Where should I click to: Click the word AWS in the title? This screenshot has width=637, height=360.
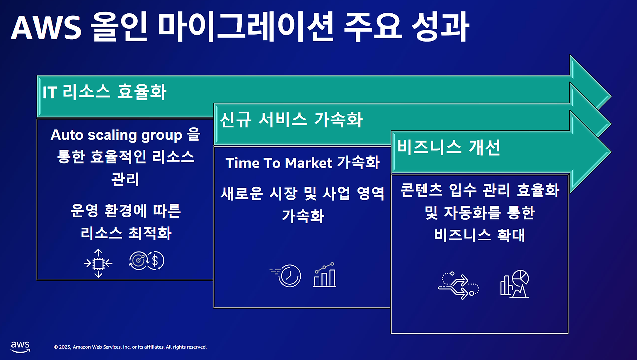(x=46, y=29)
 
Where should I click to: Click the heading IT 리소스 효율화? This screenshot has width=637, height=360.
(x=105, y=92)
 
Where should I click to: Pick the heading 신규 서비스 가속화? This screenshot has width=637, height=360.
(x=292, y=120)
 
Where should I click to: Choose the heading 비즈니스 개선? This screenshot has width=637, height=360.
(x=448, y=147)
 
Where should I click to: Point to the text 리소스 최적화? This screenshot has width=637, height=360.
(x=125, y=233)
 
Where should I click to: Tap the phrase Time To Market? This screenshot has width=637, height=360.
(x=279, y=163)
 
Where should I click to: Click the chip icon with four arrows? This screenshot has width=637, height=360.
(x=98, y=263)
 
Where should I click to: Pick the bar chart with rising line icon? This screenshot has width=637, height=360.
(x=324, y=275)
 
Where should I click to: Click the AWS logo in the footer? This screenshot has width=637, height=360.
(x=20, y=346)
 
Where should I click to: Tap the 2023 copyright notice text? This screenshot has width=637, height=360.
(x=130, y=347)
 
